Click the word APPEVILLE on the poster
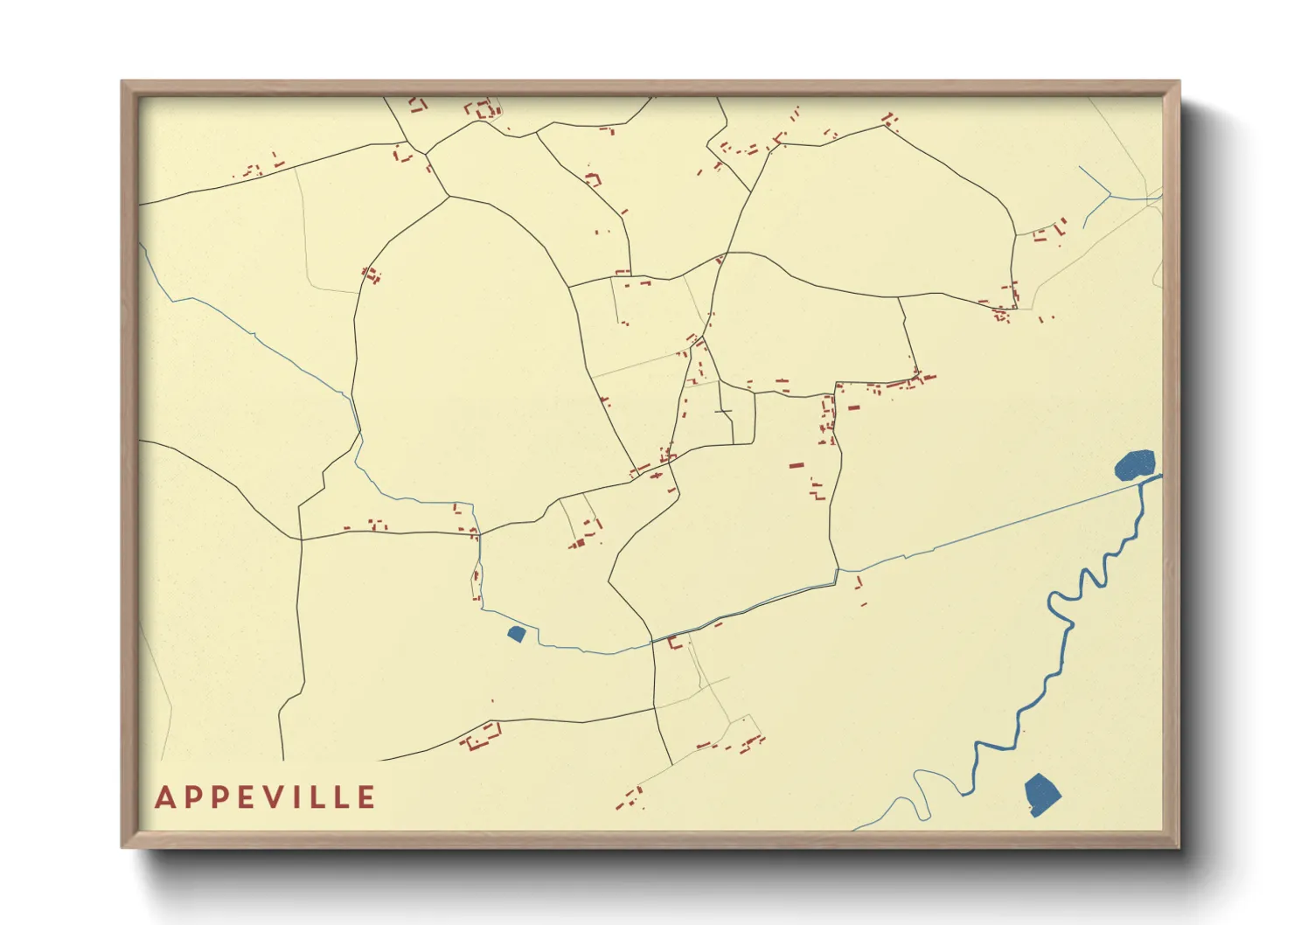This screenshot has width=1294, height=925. click(266, 797)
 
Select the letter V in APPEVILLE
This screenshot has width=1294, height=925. click(273, 797)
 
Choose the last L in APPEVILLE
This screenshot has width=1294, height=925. click(344, 797)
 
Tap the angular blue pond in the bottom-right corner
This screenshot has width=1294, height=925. click(1041, 794)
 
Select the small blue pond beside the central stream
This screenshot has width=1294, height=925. click(516, 633)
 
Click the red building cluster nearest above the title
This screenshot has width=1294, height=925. click(481, 736)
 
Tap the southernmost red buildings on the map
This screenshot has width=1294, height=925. click(628, 798)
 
